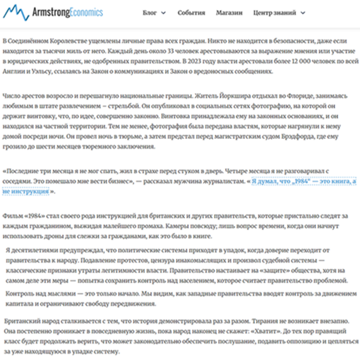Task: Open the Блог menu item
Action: coord(150,13)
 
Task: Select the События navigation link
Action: coord(193,13)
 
